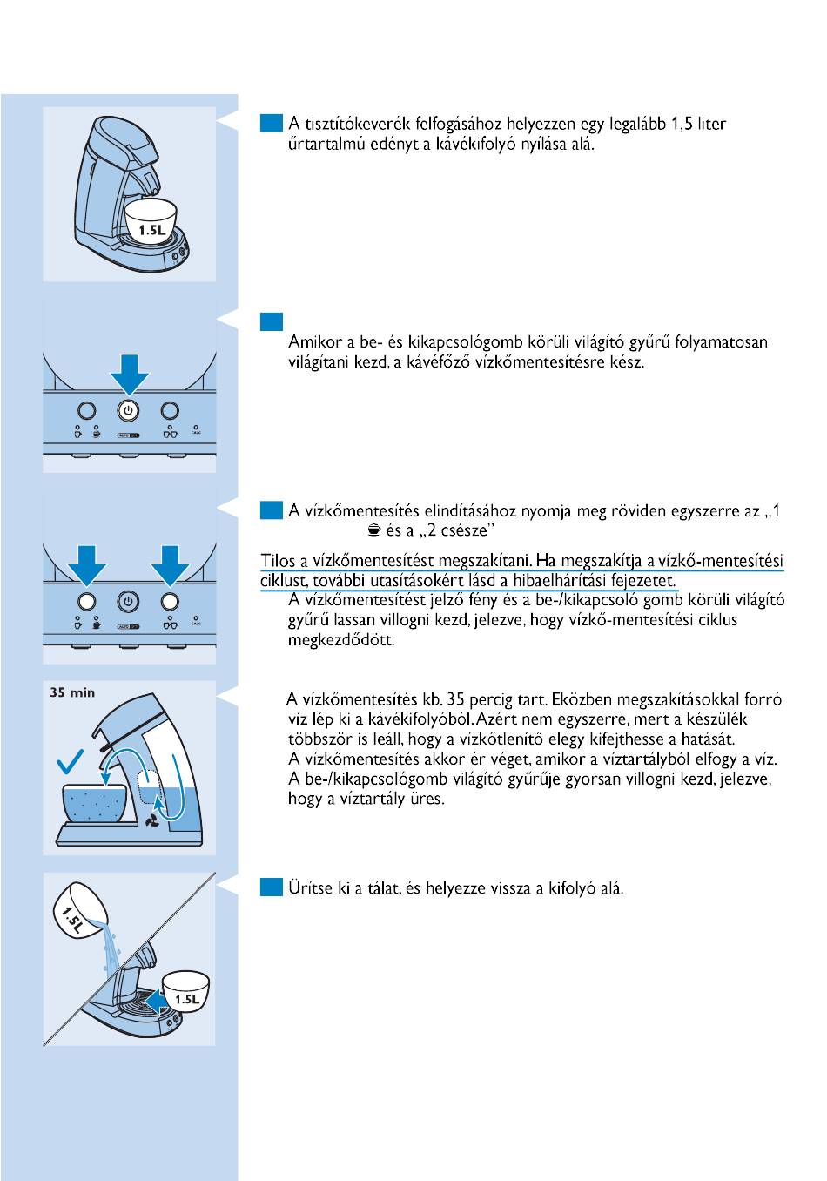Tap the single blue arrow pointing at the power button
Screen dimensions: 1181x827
pos(129,373)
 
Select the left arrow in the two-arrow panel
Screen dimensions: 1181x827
pos(86,566)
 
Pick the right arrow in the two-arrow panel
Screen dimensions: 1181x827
pos(170,566)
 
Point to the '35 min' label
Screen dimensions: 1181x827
pos(72,693)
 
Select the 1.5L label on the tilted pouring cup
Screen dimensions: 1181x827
pos(72,918)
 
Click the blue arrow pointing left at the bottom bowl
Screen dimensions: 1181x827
pos(158,1002)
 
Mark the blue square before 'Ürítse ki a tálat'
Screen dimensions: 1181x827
pos(272,887)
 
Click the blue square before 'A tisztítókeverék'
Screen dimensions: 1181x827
pos(272,124)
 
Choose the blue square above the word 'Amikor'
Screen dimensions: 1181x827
pos(272,321)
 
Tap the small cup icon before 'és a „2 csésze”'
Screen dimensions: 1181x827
pos(373,530)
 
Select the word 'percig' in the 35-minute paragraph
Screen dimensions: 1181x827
pos(492,699)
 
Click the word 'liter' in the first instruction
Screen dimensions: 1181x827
pos(711,124)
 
